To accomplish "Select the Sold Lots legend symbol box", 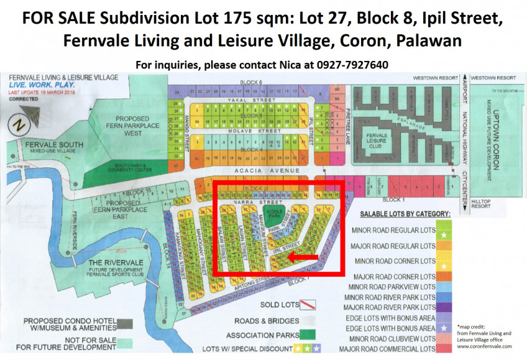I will click(x=308, y=305).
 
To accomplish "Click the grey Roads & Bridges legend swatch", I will click(x=308, y=320).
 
